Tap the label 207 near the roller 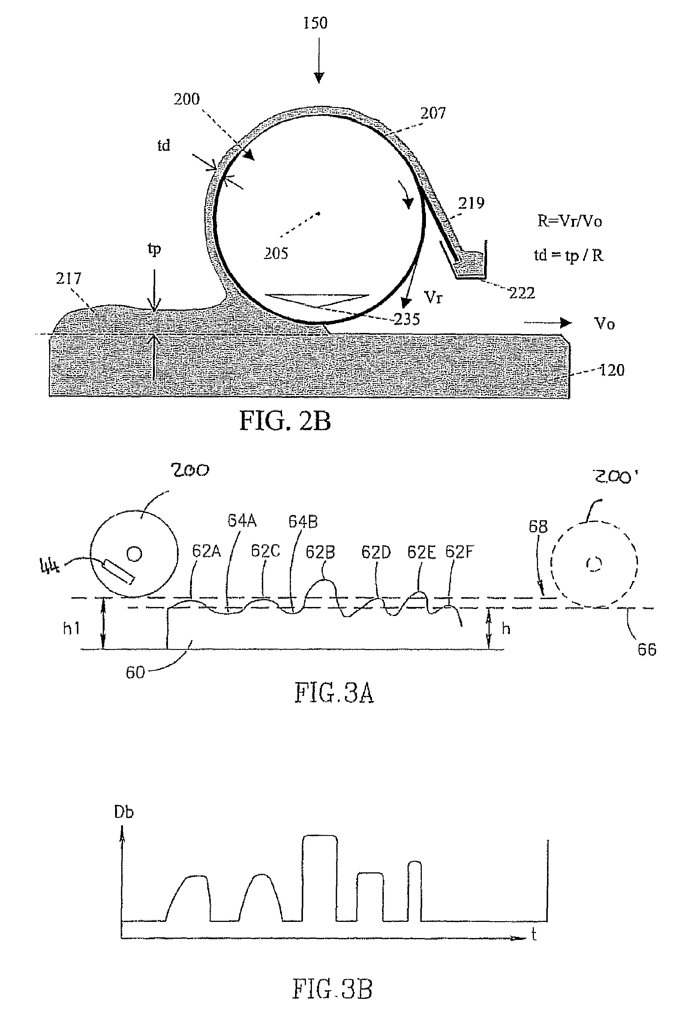click(433, 113)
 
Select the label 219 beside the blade click(471, 203)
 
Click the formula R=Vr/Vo click(570, 221)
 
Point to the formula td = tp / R click(568, 255)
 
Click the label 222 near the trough click(522, 293)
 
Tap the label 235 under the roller click(407, 319)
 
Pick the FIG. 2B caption click(285, 420)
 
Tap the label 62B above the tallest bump click(321, 552)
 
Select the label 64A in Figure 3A click(242, 521)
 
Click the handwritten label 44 click(49, 565)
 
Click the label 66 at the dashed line click(647, 649)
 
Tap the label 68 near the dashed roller click(538, 526)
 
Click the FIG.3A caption click(334, 693)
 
